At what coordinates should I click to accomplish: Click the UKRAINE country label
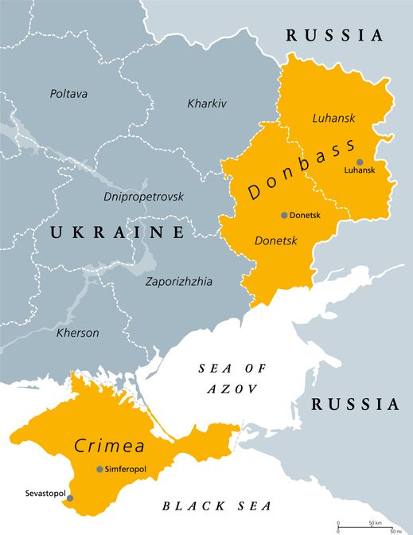point(118,232)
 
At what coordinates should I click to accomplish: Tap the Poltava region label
point(68,94)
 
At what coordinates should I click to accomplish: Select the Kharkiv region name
point(207,103)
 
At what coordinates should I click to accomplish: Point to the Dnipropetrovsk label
point(143,196)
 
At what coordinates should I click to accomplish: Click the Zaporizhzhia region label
point(179,281)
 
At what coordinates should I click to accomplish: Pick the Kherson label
point(78,333)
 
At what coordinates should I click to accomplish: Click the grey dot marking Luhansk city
point(360,162)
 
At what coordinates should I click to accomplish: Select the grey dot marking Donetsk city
point(283,215)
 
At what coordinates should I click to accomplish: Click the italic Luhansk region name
point(333,118)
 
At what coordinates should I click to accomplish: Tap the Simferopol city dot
point(99,469)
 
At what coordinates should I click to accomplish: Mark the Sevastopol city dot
point(70,498)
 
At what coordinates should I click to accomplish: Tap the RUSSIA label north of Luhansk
point(335,36)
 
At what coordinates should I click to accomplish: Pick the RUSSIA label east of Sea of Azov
point(355,404)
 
